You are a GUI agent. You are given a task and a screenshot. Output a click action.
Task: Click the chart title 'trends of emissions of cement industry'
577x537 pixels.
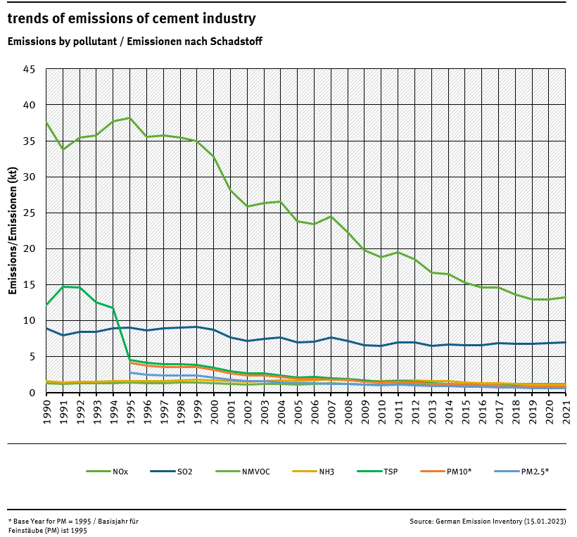click(132, 19)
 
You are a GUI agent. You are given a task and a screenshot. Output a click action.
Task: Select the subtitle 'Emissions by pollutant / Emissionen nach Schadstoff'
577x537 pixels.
click(135, 42)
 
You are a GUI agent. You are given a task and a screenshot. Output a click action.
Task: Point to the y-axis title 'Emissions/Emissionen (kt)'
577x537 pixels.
click(13, 231)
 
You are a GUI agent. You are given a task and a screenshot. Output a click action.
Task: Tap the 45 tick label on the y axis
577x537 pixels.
click(29, 69)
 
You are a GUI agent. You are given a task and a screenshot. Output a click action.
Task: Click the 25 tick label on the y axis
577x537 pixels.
click(29, 213)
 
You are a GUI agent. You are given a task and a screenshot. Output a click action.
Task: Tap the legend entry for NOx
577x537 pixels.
click(106, 472)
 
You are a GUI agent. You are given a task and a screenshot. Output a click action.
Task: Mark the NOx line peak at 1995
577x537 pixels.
click(129, 118)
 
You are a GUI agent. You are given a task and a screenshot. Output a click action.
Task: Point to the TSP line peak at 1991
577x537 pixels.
click(63, 286)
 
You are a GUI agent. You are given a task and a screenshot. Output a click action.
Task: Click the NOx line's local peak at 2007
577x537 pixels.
click(331, 216)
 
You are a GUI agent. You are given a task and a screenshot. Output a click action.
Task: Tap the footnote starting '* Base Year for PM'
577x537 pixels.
click(73, 526)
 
